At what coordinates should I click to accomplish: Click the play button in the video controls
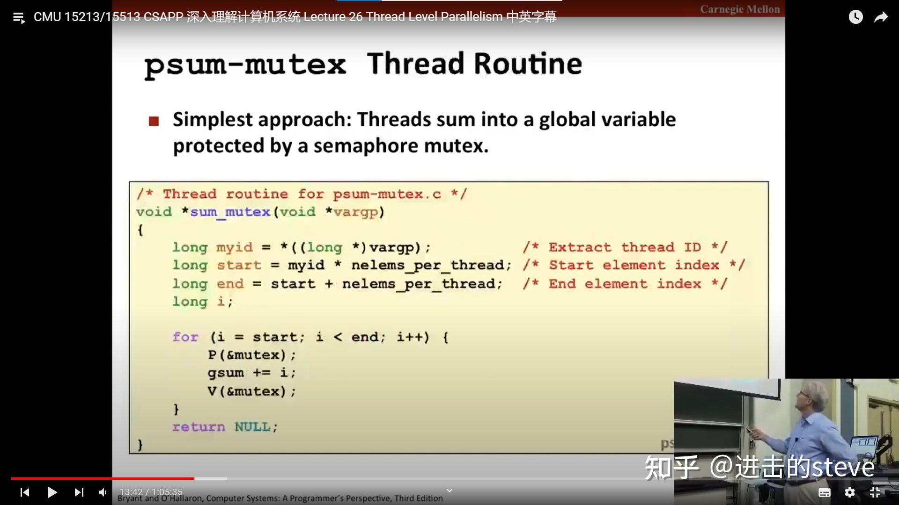[x=52, y=492]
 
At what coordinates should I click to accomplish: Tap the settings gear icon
[x=849, y=492]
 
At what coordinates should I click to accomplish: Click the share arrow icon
[x=881, y=17]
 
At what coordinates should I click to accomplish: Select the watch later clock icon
[x=855, y=17]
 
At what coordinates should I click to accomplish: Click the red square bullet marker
[x=154, y=122]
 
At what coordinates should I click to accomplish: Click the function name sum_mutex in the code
[x=230, y=212]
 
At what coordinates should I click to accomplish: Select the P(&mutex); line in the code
[x=251, y=355]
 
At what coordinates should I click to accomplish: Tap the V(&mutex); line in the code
[x=251, y=391]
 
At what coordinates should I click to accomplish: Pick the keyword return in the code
[x=199, y=427]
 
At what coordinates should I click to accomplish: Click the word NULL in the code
[x=252, y=427]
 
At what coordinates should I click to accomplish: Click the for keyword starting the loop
[x=185, y=337]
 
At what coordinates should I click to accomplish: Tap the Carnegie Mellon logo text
[x=740, y=9]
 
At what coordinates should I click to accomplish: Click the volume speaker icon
[x=103, y=492]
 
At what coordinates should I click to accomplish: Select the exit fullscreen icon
[x=875, y=492]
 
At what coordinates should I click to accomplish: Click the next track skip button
[x=79, y=492]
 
